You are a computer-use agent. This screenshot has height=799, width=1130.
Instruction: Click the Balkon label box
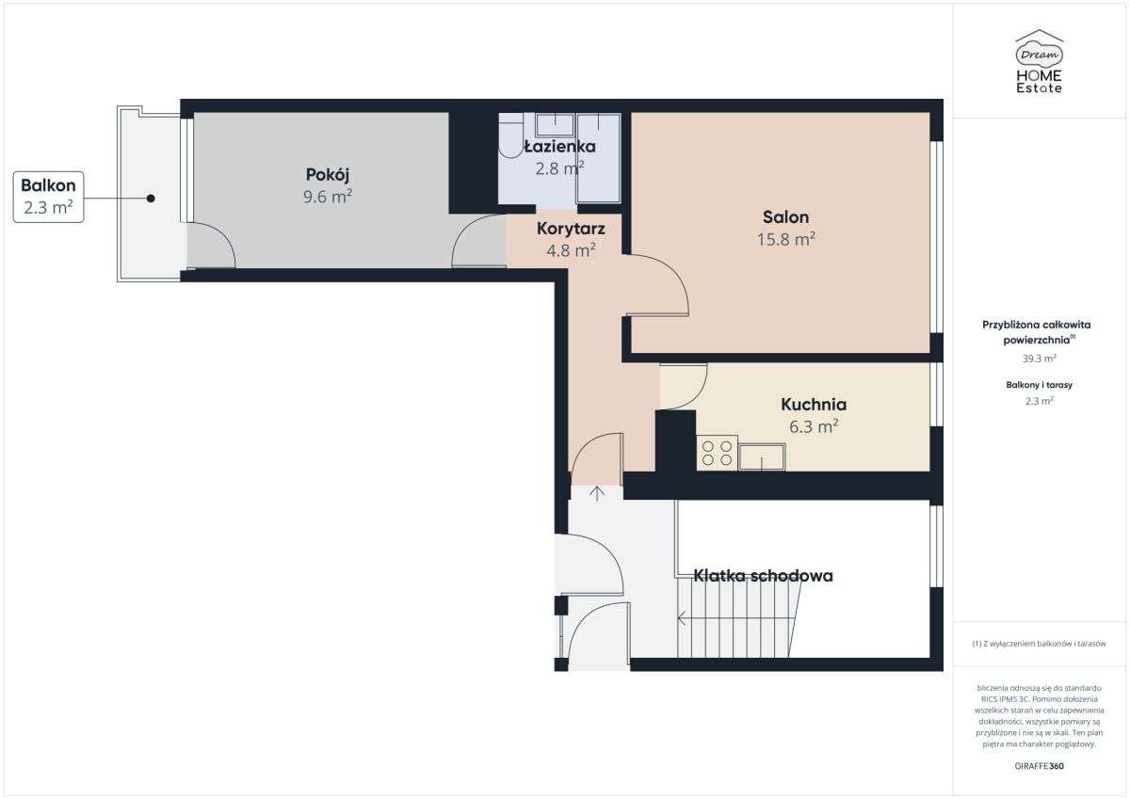[x=48, y=197]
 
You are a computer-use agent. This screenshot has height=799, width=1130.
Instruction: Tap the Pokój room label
[x=328, y=174]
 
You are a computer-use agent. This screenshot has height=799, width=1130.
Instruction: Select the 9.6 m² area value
[x=329, y=197]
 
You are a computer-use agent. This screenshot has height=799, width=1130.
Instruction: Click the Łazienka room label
[x=559, y=147]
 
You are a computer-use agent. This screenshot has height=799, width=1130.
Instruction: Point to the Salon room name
[x=785, y=216]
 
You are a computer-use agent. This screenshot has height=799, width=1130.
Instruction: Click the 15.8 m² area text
[x=785, y=239]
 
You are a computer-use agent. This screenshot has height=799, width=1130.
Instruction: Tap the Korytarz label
[x=571, y=228]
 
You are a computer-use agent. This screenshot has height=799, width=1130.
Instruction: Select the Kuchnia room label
[x=814, y=405]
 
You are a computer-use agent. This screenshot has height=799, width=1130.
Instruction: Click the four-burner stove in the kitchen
[x=717, y=453]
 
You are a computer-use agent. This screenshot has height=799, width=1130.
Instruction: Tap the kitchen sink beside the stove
[x=761, y=456]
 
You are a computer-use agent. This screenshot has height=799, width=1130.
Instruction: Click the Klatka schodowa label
[x=763, y=575]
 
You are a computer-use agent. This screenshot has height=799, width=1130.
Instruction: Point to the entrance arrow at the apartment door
[x=597, y=493]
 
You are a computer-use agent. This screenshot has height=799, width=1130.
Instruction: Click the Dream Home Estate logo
[x=1039, y=62]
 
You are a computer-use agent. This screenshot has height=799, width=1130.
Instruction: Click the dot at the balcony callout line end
[x=150, y=198]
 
